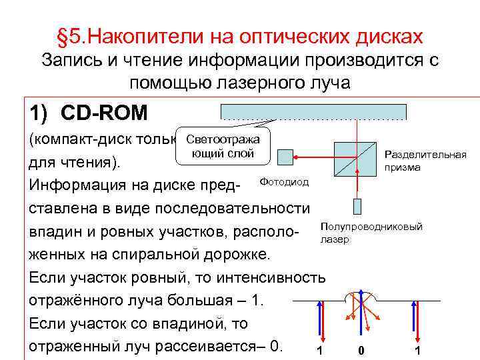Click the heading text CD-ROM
[104, 113]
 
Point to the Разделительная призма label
[425, 161]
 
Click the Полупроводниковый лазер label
[371, 233]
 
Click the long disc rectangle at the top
[313, 111]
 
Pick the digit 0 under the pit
[360, 351]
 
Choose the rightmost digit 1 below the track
[417, 351]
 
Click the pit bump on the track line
[360, 295]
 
